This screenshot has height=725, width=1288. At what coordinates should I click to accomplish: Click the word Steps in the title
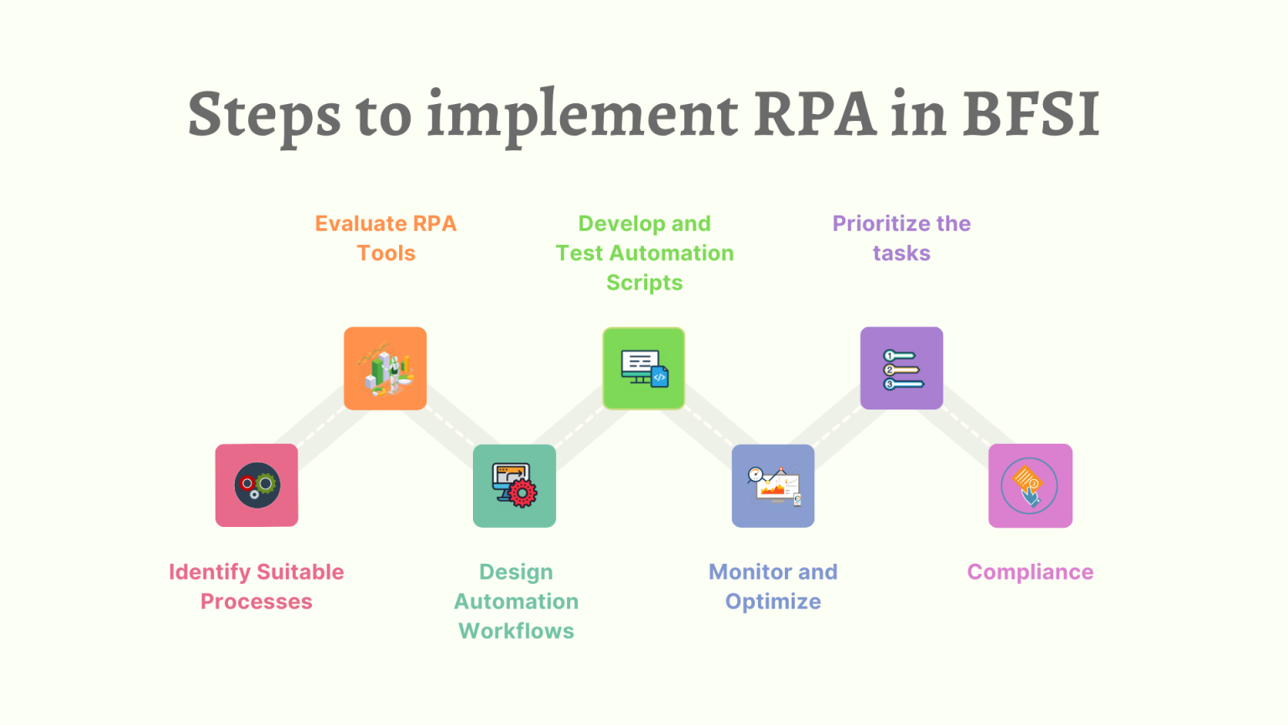[x=264, y=116]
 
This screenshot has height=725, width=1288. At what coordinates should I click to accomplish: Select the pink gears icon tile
[x=257, y=485]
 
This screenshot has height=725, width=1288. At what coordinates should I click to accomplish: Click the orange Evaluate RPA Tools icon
[x=386, y=368]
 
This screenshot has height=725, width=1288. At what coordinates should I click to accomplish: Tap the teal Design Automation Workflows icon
[x=514, y=485]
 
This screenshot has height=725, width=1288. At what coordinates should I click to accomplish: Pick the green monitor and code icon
[x=644, y=368]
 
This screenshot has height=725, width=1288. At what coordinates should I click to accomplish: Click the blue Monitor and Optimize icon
[x=772, y=485]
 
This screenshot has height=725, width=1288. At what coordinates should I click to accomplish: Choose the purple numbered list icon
[x=901, y=368]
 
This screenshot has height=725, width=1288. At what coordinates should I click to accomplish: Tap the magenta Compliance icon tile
[x=1030, y=485]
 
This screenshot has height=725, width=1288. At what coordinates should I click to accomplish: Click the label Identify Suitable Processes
[x=257, y=587]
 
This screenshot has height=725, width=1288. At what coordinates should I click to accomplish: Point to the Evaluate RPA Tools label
[x=386, y=238]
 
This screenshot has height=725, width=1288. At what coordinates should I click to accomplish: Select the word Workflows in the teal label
[x=517, y=631]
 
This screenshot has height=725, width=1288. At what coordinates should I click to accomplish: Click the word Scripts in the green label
[x=644, y=283]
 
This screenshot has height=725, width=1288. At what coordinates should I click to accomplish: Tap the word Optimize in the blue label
[x=772, y=602]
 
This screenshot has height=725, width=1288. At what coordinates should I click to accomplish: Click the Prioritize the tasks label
[x=901, y=238]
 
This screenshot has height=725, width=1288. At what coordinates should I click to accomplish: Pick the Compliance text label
[x=1030, y=572]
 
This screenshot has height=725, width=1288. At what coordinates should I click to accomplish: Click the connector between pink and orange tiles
[x=321, y=427]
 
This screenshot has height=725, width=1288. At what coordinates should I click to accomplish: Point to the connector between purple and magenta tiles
[x=966, y=427]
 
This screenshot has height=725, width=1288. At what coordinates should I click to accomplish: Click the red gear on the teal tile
[x=522, y=493]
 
